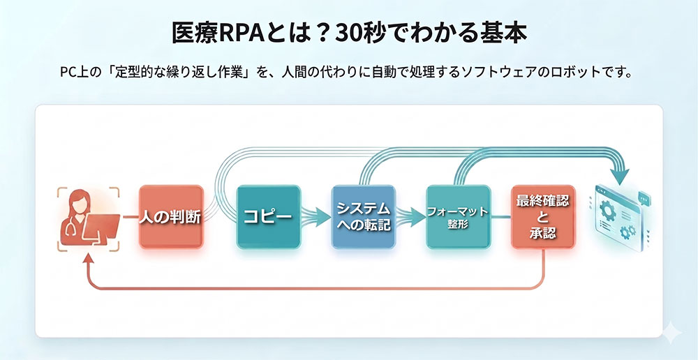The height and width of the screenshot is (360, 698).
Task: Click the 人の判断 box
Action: [x=170, y=216]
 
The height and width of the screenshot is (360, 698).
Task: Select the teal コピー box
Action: [x=268, y=216]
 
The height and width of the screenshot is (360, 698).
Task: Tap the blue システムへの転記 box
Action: [x=363, y=216]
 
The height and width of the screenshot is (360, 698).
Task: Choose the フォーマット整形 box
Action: [x=457, y=216]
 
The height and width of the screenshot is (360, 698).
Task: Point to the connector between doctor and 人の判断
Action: [x=130, y=217]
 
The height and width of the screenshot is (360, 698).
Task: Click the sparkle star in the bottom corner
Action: [x=671, y=333]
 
